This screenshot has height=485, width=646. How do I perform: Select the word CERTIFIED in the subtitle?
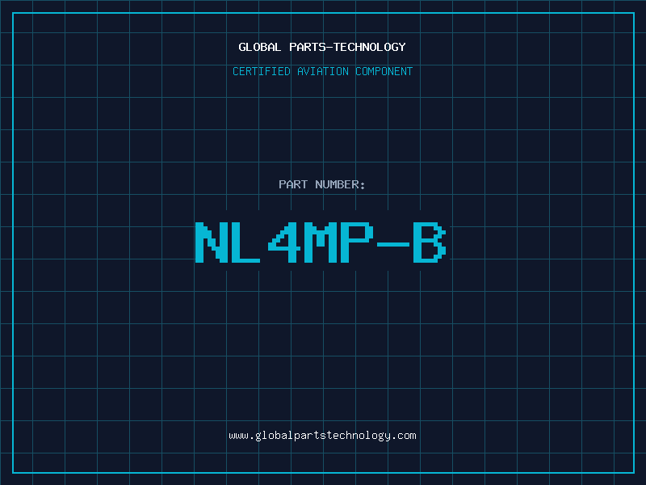pos(260,71)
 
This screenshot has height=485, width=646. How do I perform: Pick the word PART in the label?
pos(293,184)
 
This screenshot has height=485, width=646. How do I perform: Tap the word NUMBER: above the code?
pos(340,184)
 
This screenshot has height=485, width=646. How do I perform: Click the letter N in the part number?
pos(212,242)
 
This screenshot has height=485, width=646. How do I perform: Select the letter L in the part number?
pos(248,242)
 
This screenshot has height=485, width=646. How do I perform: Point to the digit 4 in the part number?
pos(284,242)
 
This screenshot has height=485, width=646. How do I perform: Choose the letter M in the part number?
pos(321,242)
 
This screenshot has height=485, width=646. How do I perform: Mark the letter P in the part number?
pos(357,242)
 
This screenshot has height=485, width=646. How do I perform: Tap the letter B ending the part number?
pos(430,242)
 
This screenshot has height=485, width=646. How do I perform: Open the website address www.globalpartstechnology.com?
pos(323,436)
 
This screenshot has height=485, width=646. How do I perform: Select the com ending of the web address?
pos(407,436)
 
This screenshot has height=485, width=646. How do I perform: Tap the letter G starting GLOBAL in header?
pos(242,47)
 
